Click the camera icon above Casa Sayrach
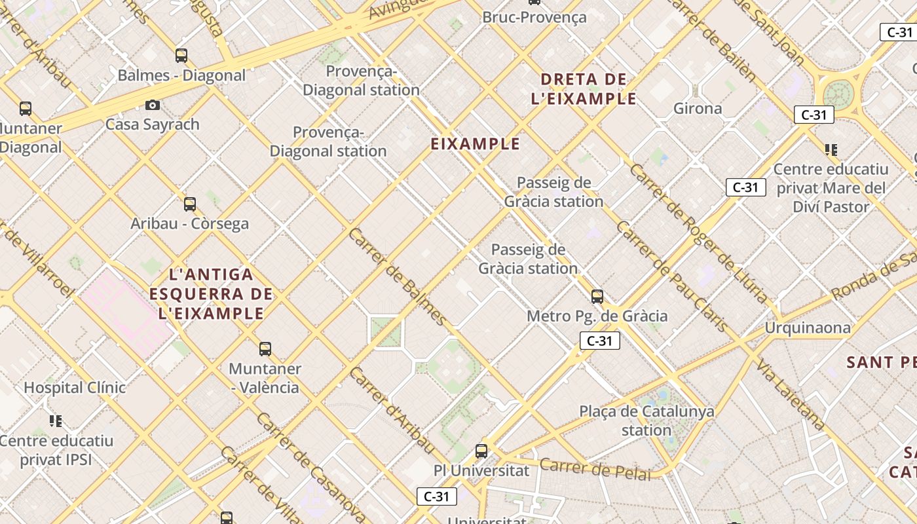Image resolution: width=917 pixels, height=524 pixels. [152, 105]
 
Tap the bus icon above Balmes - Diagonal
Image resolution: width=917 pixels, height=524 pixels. [181, 56]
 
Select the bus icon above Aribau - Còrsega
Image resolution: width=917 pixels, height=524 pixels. [190, 204]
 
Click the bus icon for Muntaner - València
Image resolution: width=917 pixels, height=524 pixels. [265, 349]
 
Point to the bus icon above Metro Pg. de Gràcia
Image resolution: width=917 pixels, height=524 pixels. [597, 297]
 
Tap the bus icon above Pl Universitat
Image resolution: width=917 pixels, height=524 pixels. [481, 451]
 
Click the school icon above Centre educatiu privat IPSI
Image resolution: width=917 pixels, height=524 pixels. [56, 421]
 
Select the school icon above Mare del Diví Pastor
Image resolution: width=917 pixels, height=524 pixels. [831, 150]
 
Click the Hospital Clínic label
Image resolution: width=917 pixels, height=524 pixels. [75, 388]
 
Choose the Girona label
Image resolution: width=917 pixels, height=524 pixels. [698, 109]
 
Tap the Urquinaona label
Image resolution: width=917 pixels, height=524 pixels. [808, 327]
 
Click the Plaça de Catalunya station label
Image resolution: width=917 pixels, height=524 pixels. [646, 421]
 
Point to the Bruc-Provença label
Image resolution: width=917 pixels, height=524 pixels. [534, 18]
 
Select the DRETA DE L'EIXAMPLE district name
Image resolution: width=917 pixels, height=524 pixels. [588, 89]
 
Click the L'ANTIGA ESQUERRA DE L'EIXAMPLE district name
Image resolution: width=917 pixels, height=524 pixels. [211, 293]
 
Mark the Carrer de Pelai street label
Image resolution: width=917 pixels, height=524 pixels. [595, 469]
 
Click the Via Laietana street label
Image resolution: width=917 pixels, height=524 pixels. [790, 394]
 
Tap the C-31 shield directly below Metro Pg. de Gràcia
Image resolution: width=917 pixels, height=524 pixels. [599, 341]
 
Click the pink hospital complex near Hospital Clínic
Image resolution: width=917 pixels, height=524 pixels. [124, 308]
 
